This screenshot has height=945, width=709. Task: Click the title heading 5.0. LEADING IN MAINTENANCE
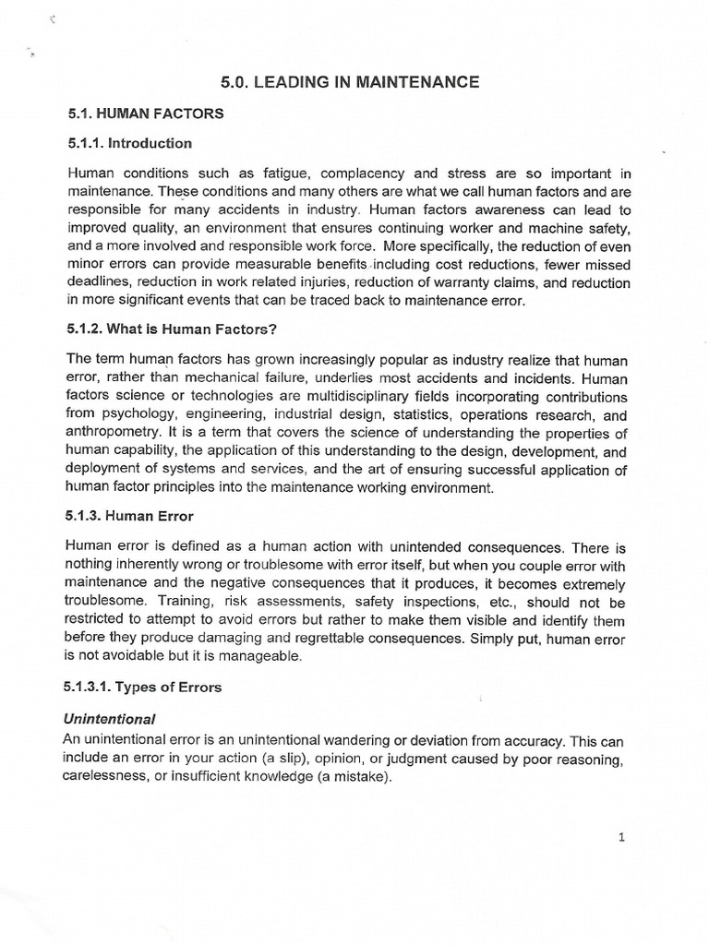coord(350,82)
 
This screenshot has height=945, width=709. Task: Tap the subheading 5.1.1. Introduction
coord(129,143)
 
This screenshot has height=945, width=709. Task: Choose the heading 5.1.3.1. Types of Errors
coord(144,688)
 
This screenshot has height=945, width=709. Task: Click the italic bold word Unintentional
coord(110,717)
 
